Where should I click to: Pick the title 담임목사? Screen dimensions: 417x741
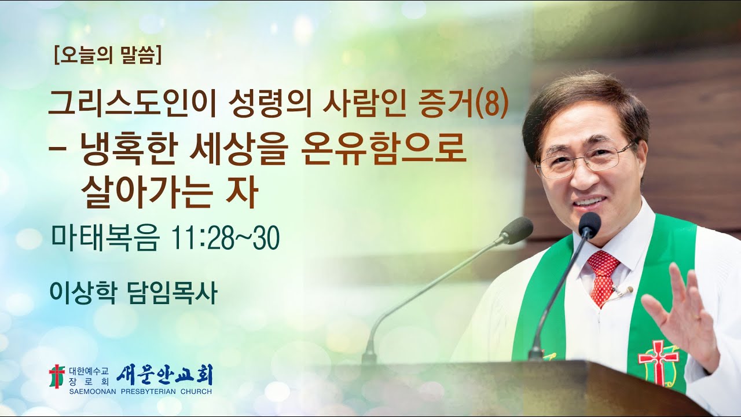(171, 293)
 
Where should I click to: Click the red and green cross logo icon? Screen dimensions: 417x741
(57, 376)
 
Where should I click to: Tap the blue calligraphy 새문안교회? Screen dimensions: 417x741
(164, 375)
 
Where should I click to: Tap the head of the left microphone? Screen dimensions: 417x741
(517, 230)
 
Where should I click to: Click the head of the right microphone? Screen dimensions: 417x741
(589, 225)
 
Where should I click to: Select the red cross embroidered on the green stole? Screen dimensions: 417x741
(658, 361)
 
